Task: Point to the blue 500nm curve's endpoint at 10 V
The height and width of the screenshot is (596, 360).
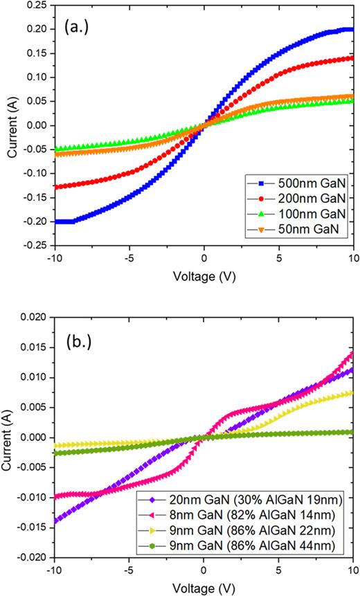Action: pyautogui.click(x=352, y=30)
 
